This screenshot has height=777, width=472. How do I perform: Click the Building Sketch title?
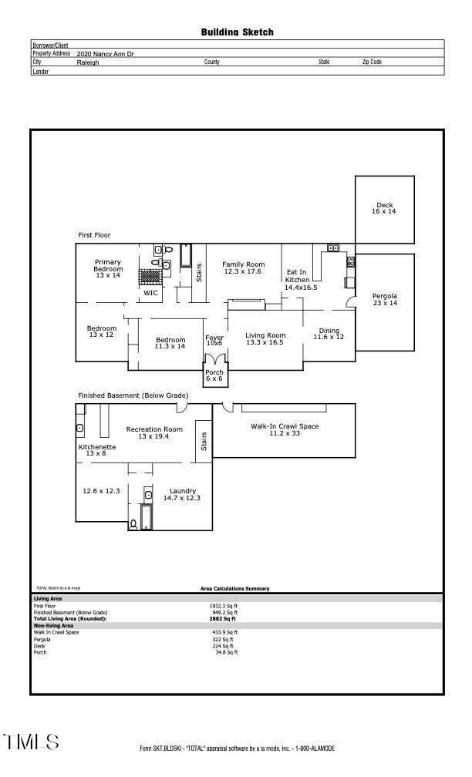[237, 32]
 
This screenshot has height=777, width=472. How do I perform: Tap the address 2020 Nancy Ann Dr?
[105, 53]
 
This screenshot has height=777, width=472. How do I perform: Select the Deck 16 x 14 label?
[384, 208]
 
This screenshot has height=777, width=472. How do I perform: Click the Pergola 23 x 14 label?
[385, 299]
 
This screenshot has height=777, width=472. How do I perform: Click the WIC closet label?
[150, 293]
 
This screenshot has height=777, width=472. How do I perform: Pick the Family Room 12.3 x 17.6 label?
[243, 267]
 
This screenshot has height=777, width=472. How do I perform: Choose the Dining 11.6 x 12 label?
[329, 334]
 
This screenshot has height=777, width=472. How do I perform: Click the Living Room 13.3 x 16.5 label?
[265, 338]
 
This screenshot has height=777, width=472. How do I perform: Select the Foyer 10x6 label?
[214, 341]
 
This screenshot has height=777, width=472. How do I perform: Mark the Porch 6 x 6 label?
[214, 375]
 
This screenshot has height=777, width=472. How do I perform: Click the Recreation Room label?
[154, 432]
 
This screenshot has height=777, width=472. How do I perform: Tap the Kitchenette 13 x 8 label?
[97, 450]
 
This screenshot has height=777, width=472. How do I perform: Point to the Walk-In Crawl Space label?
[285, 429]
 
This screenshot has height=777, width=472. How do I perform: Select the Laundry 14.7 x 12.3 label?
[182, 495]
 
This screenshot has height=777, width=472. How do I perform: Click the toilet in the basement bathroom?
[133, 524]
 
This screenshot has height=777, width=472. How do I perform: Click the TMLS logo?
[31, 742]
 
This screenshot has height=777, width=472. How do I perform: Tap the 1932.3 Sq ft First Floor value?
[223, 606]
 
